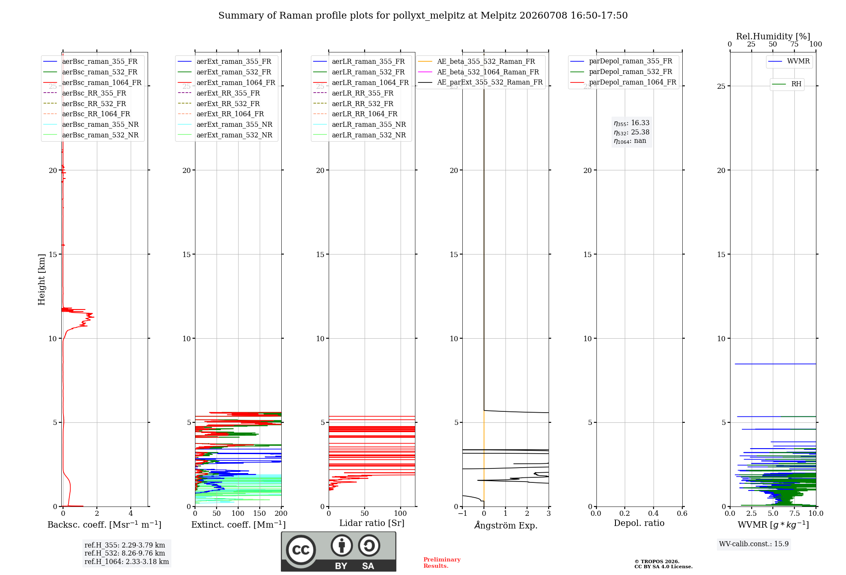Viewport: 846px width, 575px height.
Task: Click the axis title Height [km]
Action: tap(41, 279)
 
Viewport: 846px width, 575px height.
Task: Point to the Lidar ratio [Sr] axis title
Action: tap(372, 523)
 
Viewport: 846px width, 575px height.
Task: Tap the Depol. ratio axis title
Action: tap(639, 523)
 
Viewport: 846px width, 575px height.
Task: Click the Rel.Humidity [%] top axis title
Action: tap(773, 36)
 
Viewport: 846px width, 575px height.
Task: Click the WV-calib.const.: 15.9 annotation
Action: tap(754, 544)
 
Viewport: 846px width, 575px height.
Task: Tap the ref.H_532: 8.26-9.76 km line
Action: tap(125, 553)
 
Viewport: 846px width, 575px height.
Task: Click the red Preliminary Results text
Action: tap(442, 563)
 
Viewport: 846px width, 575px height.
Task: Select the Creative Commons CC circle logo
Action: tap(301, 550)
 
